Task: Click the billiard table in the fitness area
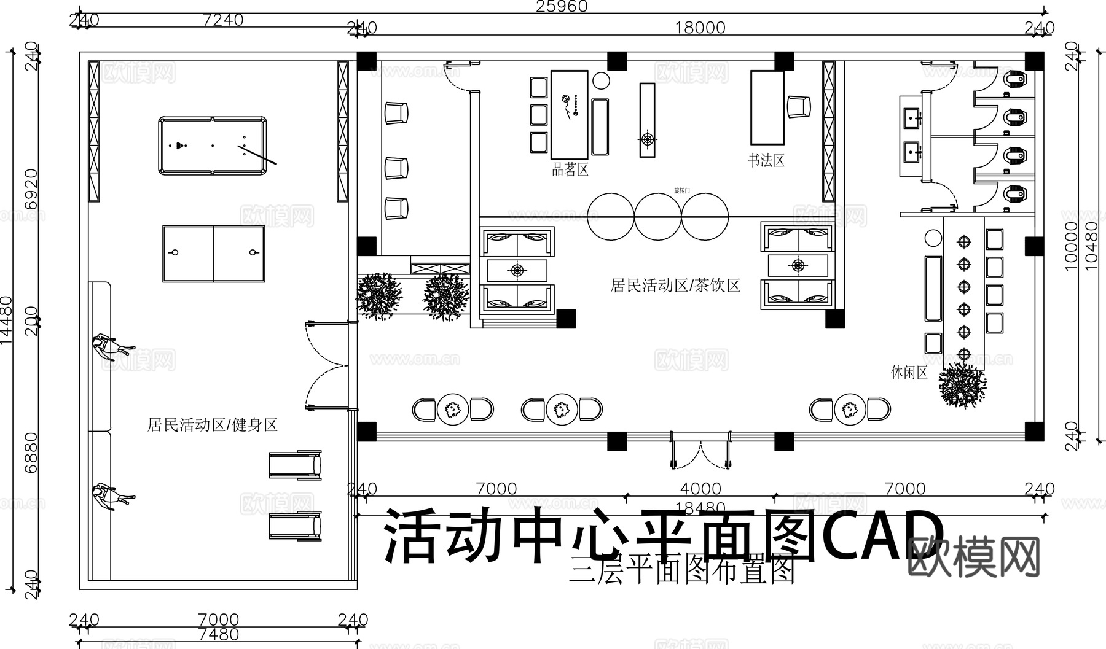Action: tap(213, 146)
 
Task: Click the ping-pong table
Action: tap(213, 254)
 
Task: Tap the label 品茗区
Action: tap(570, 169)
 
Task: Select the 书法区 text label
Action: tap(766, 161)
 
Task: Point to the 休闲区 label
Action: tap(909, 372)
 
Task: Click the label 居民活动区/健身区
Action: tap(212, 424)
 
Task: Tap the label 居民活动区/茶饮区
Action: tap(675, 285)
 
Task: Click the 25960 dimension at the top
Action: tap(562, 7)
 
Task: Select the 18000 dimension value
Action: tap(700, 28)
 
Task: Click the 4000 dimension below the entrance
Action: tap(700, 489)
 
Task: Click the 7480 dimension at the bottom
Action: tap(219, 634)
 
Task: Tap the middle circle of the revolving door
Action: tap(657, 216)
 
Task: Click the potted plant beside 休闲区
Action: tap(962, 385)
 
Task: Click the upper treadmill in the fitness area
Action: tap(296, 465)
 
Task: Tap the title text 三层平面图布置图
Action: tap(682, 571)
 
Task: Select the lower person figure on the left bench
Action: tap(111, 497)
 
